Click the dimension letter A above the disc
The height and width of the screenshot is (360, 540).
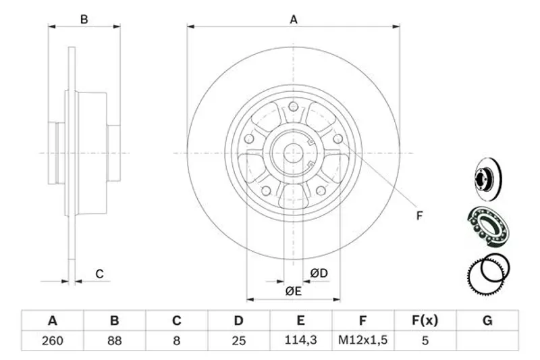coord(294,20)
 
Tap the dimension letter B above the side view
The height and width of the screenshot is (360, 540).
coord(84,20)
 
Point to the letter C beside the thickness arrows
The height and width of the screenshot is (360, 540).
coord(99,274)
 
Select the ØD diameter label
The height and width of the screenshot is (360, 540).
coord(319,274)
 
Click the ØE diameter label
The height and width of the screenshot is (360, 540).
coord(292,291)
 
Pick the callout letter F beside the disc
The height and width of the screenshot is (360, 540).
coord(419,216)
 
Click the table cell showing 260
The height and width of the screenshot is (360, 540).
coord(52,340)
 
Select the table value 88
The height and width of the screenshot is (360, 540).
coord(114,340)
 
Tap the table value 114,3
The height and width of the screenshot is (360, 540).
coord(301,340)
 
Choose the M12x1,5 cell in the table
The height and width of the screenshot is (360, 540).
coord(362,340)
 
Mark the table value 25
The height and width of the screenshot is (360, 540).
coord(238,340)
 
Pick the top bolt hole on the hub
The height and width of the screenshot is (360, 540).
coord(294,107)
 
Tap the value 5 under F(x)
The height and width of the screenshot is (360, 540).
coord(425,340)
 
